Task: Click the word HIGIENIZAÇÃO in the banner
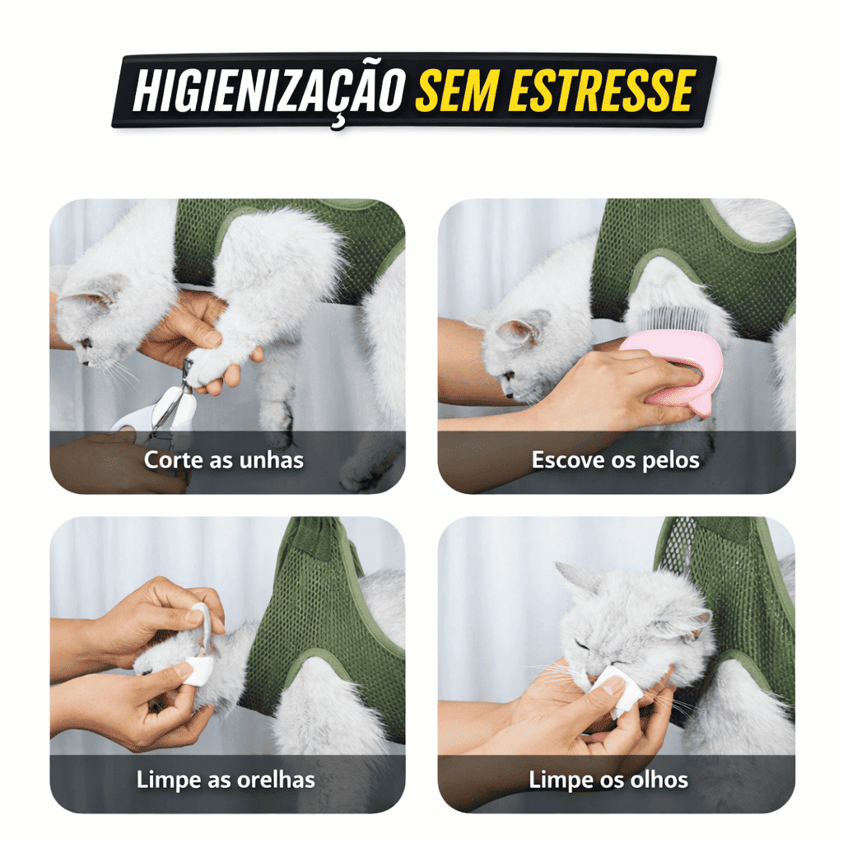[268, 91]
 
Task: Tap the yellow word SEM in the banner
[456, 90]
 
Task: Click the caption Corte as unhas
[224, 460]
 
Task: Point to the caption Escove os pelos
[616, 460]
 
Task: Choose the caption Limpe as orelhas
[226, 780]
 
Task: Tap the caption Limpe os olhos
[608, 780]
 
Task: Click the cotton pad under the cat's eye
[616, 691]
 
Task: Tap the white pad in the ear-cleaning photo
[198, 669]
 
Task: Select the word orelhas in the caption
[276, 780]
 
